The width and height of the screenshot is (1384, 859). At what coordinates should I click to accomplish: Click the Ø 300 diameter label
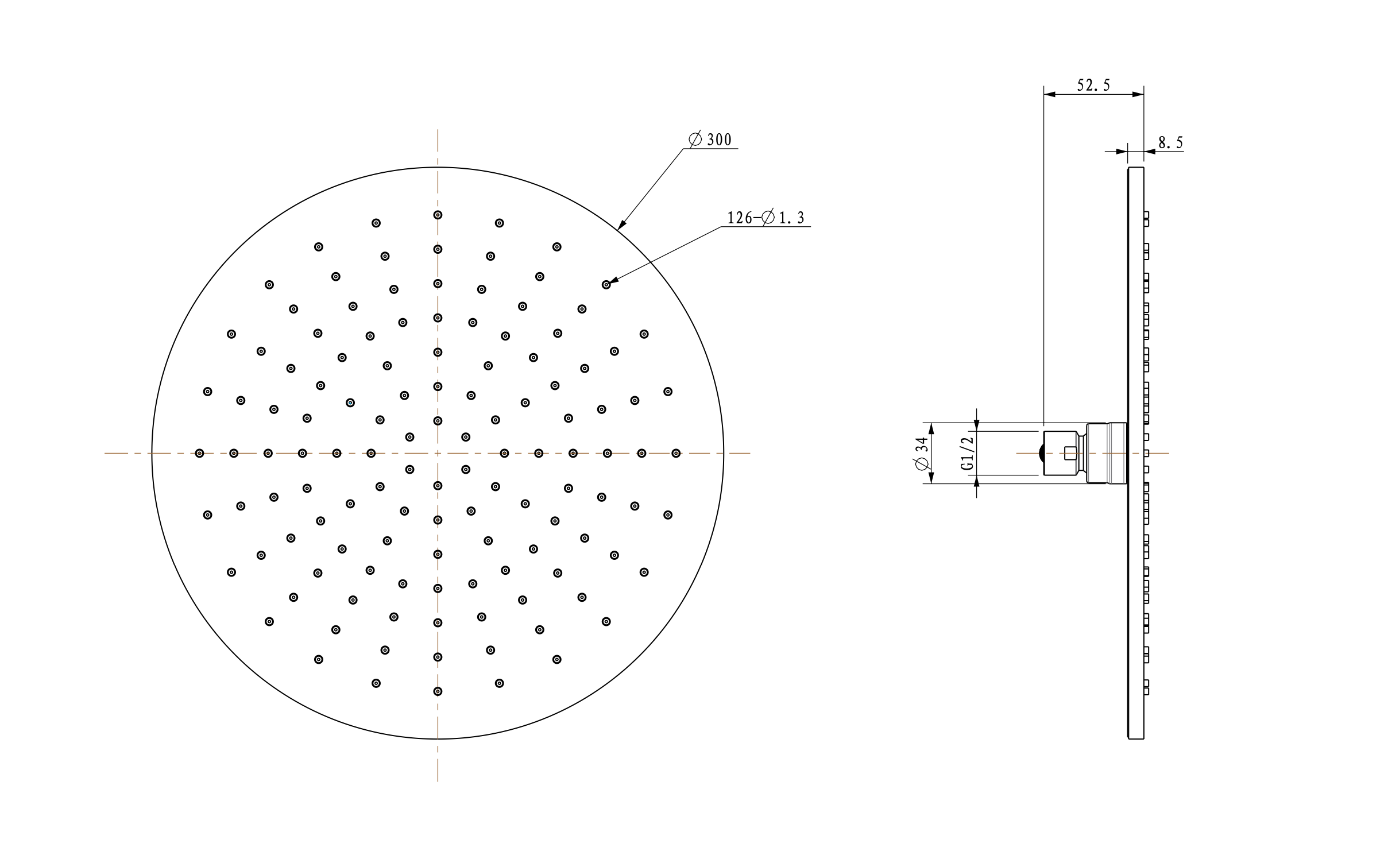pos(710,140)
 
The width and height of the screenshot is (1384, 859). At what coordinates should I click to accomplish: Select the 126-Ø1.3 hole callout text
pos(766,218)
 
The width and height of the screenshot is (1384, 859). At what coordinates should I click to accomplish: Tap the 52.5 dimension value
pos(1093,86)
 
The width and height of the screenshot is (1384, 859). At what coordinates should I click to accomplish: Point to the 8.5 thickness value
pos(1170,142)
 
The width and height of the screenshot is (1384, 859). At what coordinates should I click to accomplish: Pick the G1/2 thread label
pos(968,453)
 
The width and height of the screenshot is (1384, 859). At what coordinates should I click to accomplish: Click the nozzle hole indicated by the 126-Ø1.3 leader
pos(606,284)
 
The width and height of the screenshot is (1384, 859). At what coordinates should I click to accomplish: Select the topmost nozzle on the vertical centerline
pos(438,215)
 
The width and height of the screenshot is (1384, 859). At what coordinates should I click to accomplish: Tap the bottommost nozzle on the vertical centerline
pos(438,691)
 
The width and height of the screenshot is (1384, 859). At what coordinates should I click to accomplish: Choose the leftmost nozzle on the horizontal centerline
pos(199,453)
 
